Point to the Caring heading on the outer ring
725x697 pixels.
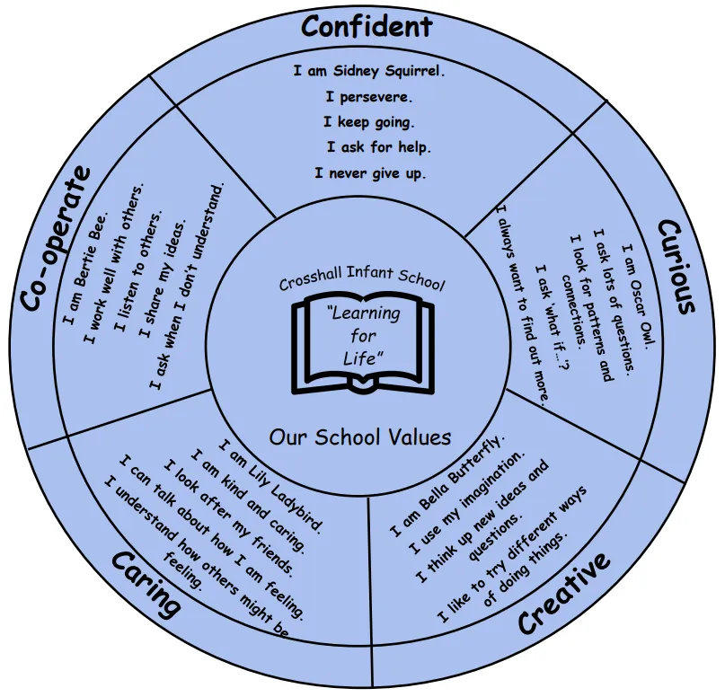click(146, 585)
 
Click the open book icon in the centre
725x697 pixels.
click(362, 346)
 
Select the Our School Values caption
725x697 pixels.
click(360, 437)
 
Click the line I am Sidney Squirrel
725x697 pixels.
click(369, 70)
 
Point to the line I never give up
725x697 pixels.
click(370, 172)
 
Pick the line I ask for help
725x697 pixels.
click(378, 146)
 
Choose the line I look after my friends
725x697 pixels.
click(228, 516)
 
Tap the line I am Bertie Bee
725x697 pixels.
click(87, 267)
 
